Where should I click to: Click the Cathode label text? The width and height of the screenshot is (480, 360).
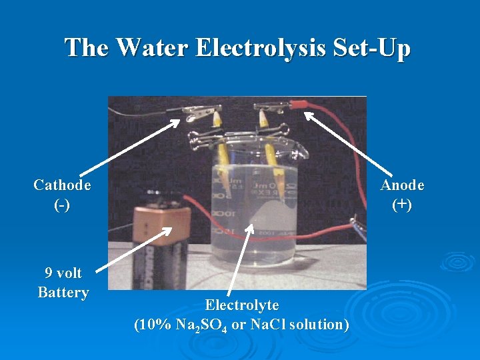pyautogui.click(x=63, y=185)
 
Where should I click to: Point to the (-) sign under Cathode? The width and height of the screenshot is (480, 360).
pyautogui.click(x=63, y=204)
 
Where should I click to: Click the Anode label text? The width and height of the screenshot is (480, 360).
pyautogui.click(x=402, y=185)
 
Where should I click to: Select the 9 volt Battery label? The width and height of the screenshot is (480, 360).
pyautogui.click(x=63, y=283)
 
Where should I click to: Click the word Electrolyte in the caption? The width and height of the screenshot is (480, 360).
pyautogui.click(x=241, y=305)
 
